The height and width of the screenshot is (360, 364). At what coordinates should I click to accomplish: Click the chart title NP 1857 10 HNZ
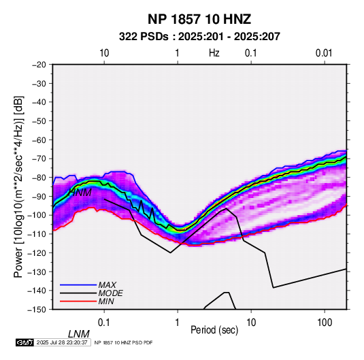click(x=199, y=19)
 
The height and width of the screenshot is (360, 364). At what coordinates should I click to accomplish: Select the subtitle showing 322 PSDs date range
click(x=199, y=37)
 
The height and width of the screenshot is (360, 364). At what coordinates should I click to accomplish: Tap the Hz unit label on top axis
click(x=214, y=53)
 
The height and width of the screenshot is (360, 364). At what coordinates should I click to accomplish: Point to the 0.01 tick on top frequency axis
click(x=324, y=53)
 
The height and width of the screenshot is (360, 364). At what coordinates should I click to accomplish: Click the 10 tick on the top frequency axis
click(x=104, y=53)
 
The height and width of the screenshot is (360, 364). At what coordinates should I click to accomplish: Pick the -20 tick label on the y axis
click(x=39, y=65)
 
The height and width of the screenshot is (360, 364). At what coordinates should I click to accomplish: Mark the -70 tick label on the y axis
click(x=39, y=159)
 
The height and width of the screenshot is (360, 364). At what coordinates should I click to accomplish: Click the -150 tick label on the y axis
click(x=37, y=310)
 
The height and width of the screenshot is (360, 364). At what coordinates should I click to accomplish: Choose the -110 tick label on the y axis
click(x=37, y=234)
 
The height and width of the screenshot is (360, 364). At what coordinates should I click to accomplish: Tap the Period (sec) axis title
click(x=214, y=330)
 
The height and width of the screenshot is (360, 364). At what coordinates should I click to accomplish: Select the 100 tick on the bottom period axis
click(x=324, y=323)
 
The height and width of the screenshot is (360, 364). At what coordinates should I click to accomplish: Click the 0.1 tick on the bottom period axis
click(x=103, y=323)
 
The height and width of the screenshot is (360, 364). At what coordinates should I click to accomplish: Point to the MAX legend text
click(x=107, y=285)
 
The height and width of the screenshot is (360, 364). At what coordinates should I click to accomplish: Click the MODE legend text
click(x=110, y=293)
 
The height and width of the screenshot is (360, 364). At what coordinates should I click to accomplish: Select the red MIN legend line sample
click(x=78, y=301)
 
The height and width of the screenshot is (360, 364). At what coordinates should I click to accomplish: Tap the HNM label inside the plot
click(x=80, y=193)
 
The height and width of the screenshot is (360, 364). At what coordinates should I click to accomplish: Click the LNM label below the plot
click(x=79, y=334)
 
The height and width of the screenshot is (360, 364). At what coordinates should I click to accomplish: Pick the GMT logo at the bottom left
click(x=24, y=342)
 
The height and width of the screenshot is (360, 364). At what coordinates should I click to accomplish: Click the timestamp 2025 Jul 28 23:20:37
click(x=62, y=342)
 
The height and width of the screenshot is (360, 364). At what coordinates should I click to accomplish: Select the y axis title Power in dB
click(x=18, y=186)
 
